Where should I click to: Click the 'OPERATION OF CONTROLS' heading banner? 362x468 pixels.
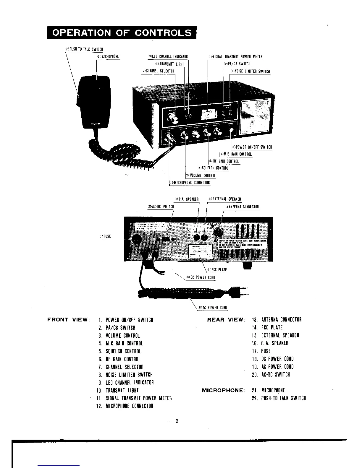tap(122, 33)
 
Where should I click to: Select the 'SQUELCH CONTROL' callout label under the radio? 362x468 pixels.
tap(215, 168)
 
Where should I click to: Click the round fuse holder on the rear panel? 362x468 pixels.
tap(136, 239)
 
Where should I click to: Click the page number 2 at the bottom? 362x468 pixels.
tap(177, 421)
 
